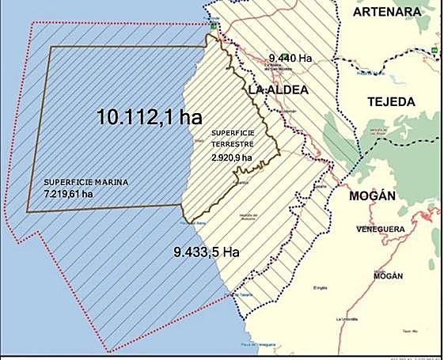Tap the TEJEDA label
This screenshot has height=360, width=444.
391,102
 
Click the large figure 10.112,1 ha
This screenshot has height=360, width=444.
150,117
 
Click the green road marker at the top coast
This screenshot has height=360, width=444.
213,25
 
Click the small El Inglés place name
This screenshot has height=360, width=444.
321,288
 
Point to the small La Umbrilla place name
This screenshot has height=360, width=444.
347,319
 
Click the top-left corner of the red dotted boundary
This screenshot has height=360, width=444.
30,22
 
